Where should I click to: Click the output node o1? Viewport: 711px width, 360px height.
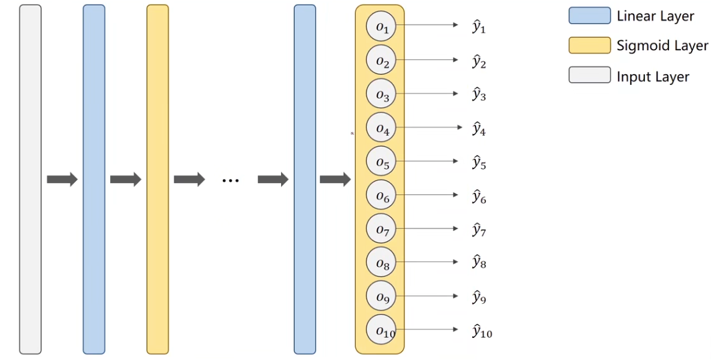click(x=381, y=27)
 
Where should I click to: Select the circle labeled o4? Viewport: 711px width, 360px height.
click(x=381, y=128)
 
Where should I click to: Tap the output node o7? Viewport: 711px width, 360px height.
click(x=381, y=230)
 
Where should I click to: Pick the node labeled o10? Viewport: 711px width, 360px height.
click(x=381, y=330)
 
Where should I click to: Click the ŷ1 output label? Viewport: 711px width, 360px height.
click(x=479, y=27)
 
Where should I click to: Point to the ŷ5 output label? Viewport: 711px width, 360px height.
click(x=479, y=162)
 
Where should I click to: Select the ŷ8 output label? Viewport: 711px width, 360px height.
click(x=479, y=262)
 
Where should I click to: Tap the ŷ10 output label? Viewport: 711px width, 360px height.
click(x=481, y=331)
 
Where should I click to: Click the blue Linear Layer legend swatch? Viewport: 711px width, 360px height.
click(x=589, y=16)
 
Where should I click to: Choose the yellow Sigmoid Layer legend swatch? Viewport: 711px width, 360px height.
click(x=589, y=45)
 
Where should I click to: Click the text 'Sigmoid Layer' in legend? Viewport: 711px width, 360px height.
click(x=662, y=46)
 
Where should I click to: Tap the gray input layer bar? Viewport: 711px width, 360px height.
click(x=30, y=179)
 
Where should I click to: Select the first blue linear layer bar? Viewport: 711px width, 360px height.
click(x=93, y=179)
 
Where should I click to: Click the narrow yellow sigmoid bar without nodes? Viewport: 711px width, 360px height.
click(x=158, y=179)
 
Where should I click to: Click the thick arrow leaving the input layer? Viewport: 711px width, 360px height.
click(x=62, y=179)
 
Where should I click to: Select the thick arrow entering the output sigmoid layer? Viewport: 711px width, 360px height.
click(x=335, y=179)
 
